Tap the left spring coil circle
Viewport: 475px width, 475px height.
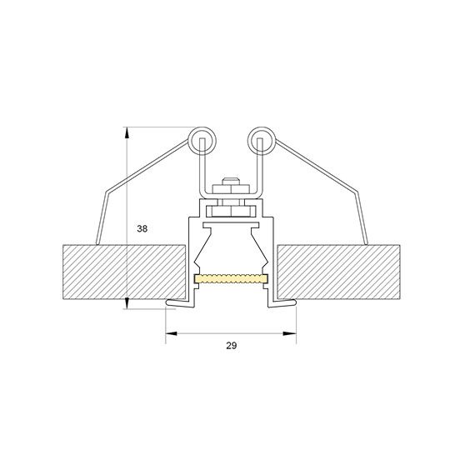point(200,141)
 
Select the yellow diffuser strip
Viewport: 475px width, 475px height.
point(231,278)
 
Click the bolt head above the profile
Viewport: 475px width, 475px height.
point(231,184)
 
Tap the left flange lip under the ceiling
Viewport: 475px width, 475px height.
point(177,300)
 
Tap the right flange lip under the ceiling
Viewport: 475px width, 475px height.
point(285,300)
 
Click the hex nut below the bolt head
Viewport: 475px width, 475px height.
point(231,197)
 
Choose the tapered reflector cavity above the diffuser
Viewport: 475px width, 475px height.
point(231,250)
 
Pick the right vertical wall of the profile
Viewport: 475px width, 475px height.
point(272,258)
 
